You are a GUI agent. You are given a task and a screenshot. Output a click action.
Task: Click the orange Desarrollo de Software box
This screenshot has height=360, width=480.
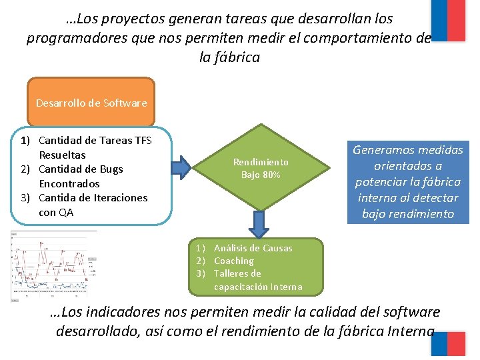[91, 102]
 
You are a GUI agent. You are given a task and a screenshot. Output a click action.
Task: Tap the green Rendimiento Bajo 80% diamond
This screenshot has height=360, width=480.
[261, 168]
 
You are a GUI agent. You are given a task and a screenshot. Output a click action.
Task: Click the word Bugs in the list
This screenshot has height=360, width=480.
[112, 169]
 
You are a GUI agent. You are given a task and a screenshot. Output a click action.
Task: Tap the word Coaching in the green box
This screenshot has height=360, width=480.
[233, 261]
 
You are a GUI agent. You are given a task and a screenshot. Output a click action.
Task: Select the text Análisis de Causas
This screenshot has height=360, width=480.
[253, 248]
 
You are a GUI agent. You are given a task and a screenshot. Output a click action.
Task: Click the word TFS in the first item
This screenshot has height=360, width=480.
[143, 140]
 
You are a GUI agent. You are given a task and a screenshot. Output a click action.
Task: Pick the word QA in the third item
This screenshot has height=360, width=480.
[65, 213]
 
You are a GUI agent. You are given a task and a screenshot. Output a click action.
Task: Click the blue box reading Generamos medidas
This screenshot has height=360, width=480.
[407, 181]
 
